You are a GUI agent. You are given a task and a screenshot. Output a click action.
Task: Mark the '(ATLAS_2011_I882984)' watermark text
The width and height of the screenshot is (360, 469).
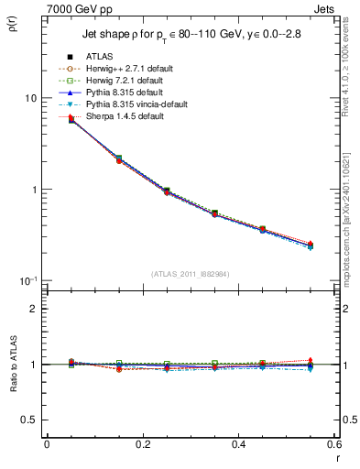190,274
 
